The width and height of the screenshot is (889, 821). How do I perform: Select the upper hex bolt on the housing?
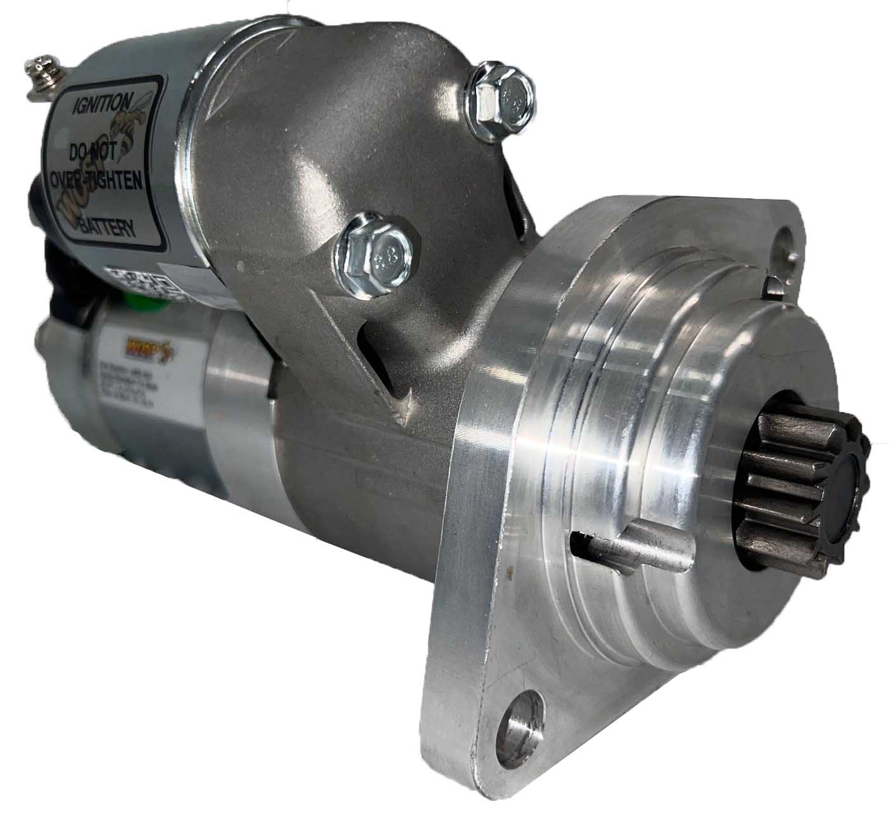[x=503, y=96]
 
